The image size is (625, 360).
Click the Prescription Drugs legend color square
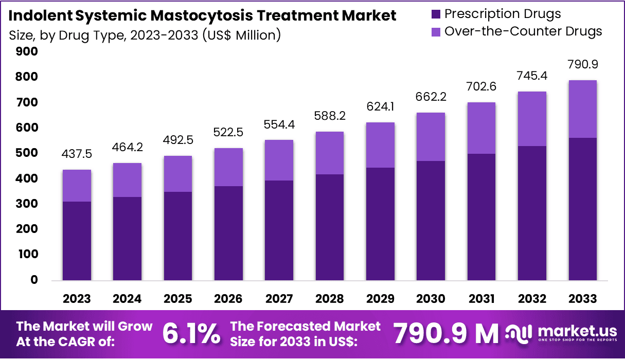435,14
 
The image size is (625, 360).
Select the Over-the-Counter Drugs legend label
523,31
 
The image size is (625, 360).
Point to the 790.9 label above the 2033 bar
582,65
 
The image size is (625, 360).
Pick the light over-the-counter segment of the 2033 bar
582,109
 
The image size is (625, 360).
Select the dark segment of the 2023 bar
77,242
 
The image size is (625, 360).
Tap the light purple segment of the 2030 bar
431,137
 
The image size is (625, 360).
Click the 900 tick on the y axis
27,51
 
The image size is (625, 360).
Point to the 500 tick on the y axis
27,153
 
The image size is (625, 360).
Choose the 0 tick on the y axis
33,280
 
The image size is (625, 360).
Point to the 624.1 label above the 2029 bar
380,108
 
